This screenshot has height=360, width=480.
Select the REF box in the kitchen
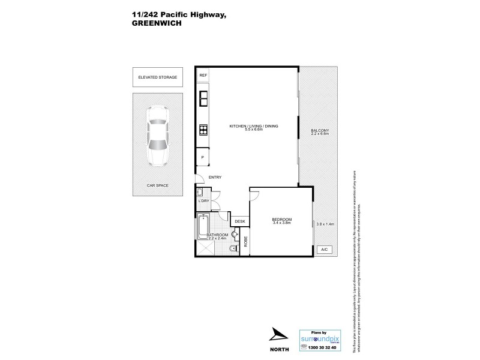coord(203,75)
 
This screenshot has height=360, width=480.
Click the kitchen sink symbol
coord(203,97)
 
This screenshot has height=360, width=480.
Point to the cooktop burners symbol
coord(203,129)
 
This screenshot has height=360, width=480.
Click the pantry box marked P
coord(203,157)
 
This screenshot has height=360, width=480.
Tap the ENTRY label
coord(215,177)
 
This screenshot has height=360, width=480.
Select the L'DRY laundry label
coord(203,201)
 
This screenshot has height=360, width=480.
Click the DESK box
coord(240,221)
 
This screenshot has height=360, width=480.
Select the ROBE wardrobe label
coord(245,241)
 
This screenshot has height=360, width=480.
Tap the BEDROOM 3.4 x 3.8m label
coord(281,221)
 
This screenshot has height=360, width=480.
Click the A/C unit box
coord(325,249)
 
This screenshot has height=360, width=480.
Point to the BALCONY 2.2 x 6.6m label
coord(320,133)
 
